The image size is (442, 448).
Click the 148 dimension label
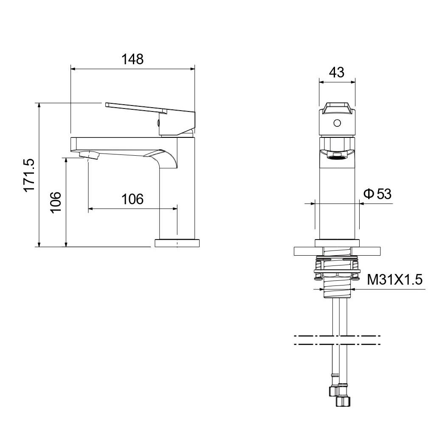[x=132, y=60]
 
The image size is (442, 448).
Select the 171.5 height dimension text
[x=29, y=175]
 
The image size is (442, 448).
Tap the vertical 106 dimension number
[x=56, y=202]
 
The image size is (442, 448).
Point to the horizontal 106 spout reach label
[x=132, y=199]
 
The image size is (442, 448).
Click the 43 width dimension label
[x=337, y=72]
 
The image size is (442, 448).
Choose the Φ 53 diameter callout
[x=377, y=194]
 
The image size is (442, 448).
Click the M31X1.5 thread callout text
[x=395, y=280]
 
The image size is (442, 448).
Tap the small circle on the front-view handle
[x=337, y=123]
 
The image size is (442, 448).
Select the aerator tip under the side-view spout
[x=89, y=155]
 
